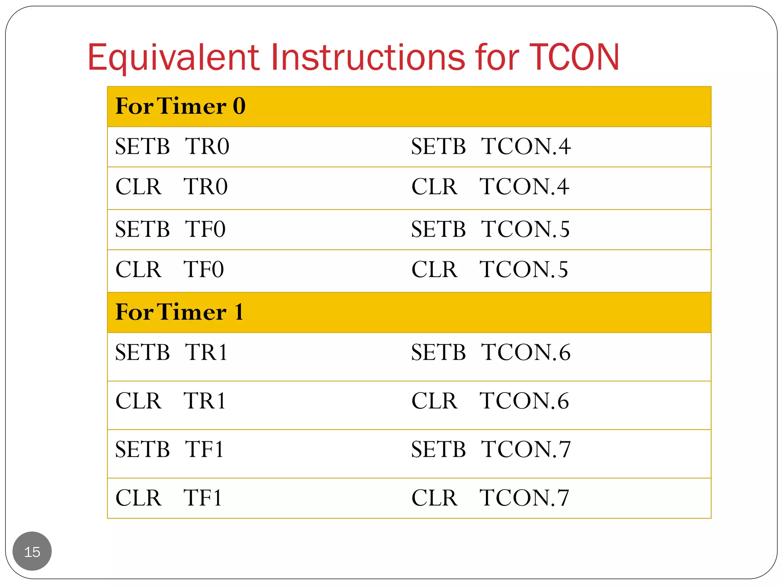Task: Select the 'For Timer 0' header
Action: tap(180, 106)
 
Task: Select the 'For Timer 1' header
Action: tap(179, 312)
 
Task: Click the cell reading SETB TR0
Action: tap(172, 146)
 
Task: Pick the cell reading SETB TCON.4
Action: tap(491, 146)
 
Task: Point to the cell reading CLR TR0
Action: tap(171, 187)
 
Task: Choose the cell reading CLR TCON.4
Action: tap(490, 187)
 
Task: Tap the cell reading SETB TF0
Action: tap(170, 229)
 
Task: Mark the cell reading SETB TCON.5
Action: tap(490, 229)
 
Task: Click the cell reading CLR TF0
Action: tap(169, 269)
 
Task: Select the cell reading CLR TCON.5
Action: tap(489, 269)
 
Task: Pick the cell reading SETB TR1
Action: tap(171, 352)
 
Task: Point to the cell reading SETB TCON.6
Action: tap(491, 352)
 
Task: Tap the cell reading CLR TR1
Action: tap(171, 401)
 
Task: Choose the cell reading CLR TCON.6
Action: tap(490, 401)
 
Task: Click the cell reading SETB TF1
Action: tap(169, 449)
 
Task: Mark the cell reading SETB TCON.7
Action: tap(491, 449)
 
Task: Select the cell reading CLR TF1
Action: tap(169, 498)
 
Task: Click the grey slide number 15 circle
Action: tap(32, 551)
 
